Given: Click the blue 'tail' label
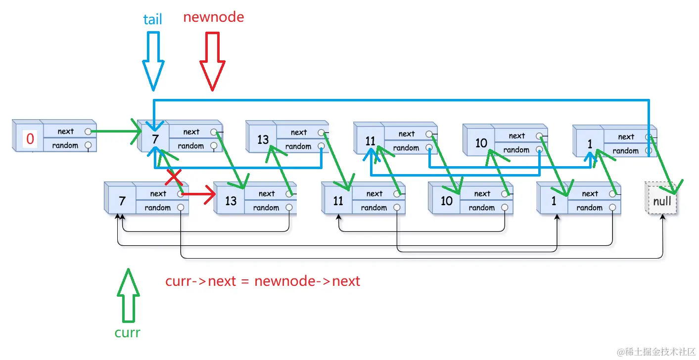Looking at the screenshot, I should (152, 19).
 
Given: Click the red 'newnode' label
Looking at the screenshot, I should (213, 17).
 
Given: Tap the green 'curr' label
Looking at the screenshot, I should (127, 333).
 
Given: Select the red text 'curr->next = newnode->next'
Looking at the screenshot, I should (263, 281).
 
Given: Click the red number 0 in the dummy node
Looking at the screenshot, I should (30, 139).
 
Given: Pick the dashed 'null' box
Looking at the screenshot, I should (662, 201).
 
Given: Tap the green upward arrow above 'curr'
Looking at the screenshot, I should (128, 296).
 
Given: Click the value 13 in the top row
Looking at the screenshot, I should (263, 139).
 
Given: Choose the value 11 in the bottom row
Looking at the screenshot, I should (338, 201).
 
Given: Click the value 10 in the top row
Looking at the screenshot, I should (481, 143).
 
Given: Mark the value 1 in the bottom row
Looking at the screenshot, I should (554, 201).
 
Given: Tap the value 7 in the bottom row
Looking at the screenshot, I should (122, 201).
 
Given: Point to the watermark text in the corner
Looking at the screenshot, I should (656, 352).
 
